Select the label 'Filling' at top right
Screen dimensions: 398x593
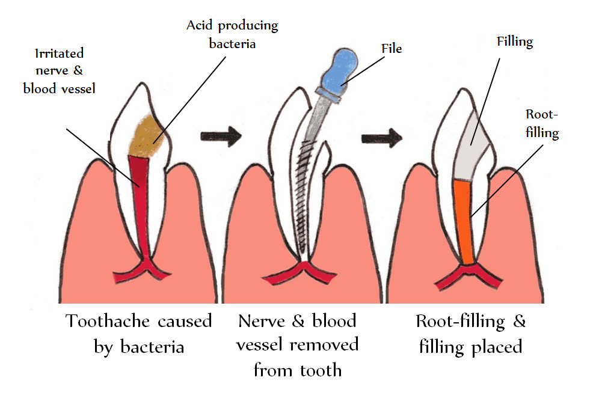[515, 41]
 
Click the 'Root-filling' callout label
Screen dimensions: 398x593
[542, 123]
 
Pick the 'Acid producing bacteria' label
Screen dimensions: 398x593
[232, 35]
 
